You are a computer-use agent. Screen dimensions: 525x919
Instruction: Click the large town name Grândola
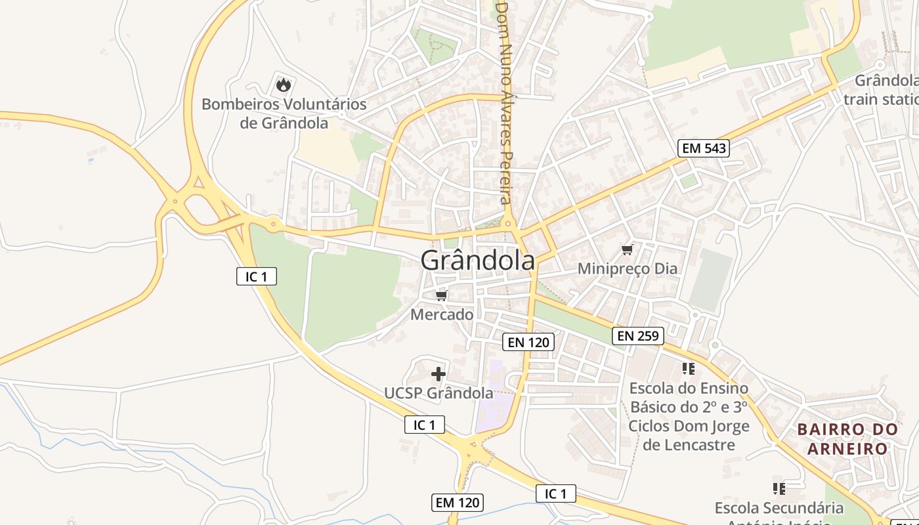point(477,261)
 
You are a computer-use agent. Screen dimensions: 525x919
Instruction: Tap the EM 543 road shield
point(704,148)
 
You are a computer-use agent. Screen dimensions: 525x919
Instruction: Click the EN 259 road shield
point(638,337)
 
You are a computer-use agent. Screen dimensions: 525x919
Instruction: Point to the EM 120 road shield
point(458,503)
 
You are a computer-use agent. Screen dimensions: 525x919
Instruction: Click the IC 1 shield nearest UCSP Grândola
point(424,425)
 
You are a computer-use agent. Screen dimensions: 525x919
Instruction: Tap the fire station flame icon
point(283,85)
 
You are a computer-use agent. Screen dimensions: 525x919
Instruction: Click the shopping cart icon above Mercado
point(442,296)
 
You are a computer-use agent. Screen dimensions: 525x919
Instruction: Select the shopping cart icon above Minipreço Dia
point(627,249)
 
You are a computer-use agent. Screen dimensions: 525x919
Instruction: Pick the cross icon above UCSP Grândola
point(438,374)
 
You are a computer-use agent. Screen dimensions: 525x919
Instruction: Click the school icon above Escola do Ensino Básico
point(688,368)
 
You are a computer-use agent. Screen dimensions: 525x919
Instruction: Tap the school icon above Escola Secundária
point(779,488)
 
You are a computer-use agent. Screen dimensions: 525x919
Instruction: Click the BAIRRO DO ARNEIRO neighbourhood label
point(847,439)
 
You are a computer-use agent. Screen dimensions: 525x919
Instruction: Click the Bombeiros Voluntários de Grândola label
point(284,114)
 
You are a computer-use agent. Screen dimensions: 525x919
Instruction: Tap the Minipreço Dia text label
point(627,269)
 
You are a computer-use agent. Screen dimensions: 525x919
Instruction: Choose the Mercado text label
point(442,315)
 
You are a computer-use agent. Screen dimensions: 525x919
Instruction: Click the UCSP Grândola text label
point(438,393)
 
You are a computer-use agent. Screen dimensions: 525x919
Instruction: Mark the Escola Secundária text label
point(779,508)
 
